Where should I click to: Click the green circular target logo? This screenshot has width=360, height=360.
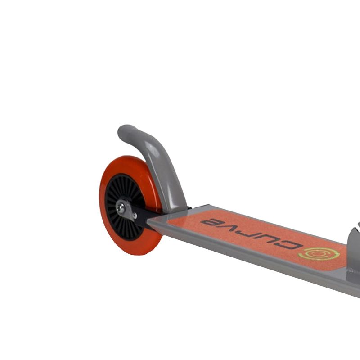[x=318, y=253]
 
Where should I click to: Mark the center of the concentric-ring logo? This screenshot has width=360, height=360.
[x=318, y=253]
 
